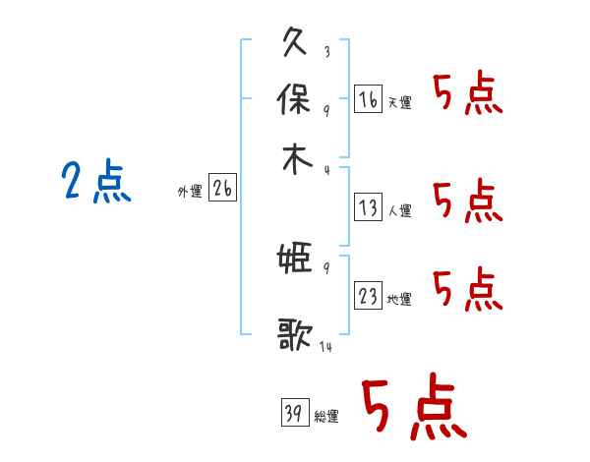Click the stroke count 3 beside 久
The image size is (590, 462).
(325, 52)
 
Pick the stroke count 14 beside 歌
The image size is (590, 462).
(325, 347)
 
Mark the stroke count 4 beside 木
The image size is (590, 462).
(325, 169)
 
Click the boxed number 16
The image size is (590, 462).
(368, 98)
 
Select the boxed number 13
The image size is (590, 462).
(368, 206)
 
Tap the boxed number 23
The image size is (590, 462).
(368, 295)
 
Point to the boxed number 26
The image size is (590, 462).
(222, 189)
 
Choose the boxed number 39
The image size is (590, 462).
(292, 413)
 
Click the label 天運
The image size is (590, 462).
(399, 102)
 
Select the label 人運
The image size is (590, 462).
(399, 210)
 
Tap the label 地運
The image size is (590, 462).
(399, 299)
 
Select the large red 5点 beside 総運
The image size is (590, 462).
(412, 409)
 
